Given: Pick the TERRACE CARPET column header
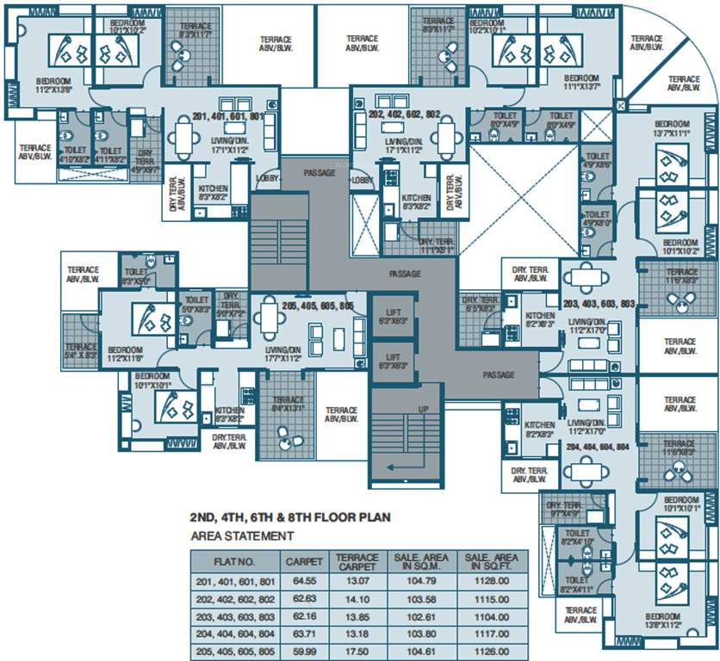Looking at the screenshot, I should (x=357, y=561).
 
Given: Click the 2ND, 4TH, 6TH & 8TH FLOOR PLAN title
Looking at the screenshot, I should (x=290, y=518).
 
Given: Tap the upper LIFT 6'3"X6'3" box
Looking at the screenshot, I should (x=392, y=314).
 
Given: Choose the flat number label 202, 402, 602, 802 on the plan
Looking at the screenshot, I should (x=404, y=113).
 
